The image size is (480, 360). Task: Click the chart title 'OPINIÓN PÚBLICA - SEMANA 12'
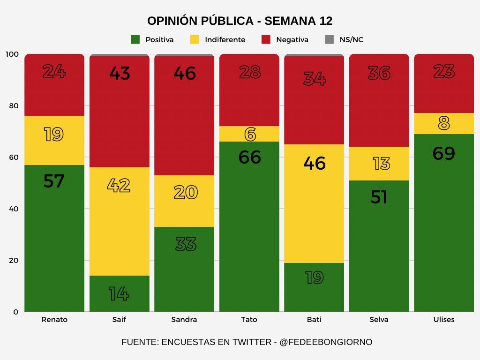click(x=240, y=21)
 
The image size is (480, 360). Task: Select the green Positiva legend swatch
click(x=135, y=40)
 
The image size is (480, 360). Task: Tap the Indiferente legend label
click(x=225, y=40)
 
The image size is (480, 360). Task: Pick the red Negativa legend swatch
click(x=266, y=40)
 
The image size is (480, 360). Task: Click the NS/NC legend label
click(x=351, y=40)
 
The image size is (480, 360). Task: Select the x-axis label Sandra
click(x=184, y=320)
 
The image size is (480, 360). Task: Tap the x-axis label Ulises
click(x=443, y=320)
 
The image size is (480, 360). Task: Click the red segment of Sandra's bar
click(x=184, y=122)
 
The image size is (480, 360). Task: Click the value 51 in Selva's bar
click(x=379, y=197)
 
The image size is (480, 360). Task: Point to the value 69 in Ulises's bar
click(x=443, y=153)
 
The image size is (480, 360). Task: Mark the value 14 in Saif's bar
click(x=119, y=294)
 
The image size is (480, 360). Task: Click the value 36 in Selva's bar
click(x=379, y=73)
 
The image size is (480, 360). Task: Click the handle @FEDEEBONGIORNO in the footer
click(x=326, y=342)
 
